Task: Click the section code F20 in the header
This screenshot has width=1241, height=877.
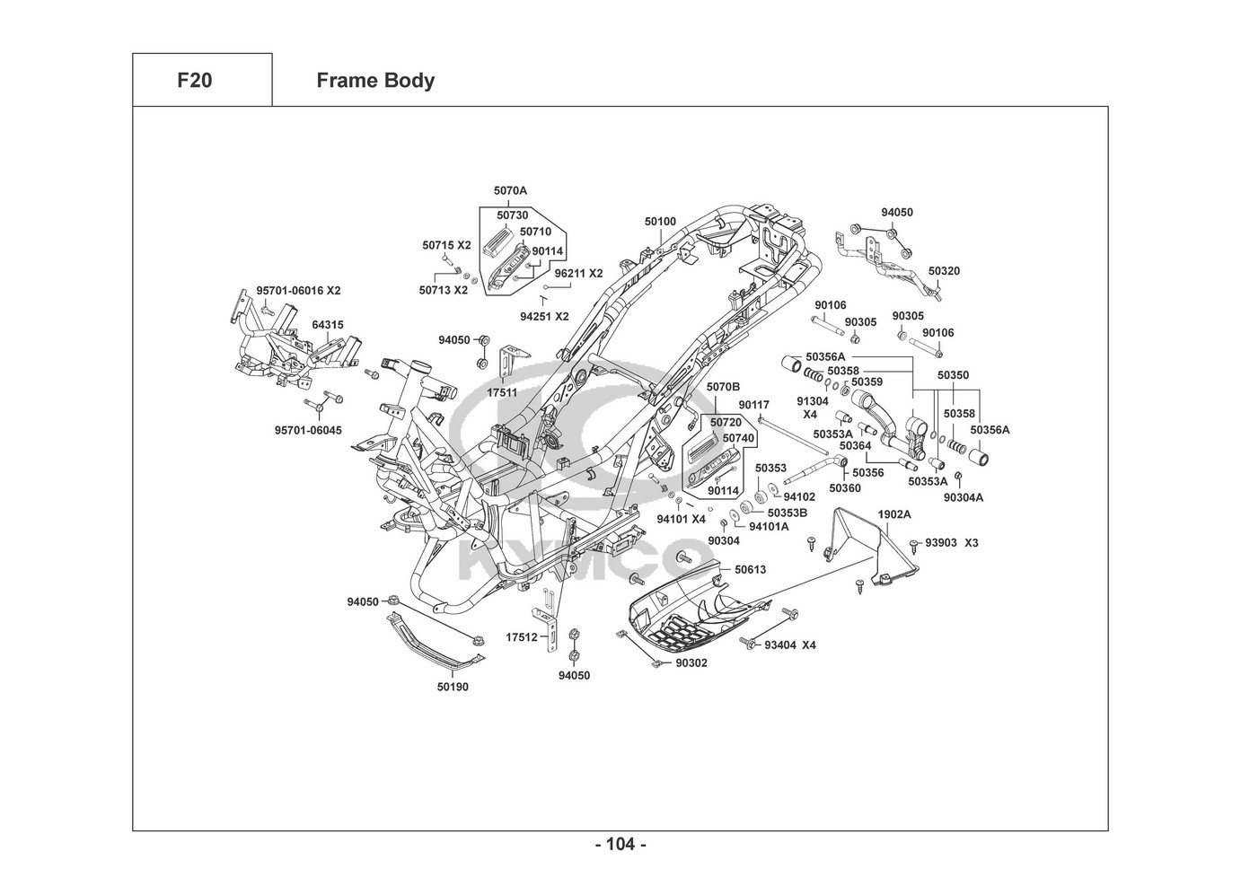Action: coord(195,81)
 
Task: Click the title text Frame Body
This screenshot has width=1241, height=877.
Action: coord(375,81)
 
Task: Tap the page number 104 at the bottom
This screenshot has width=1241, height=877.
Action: coord(620,844)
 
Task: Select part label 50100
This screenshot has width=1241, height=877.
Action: coord(659,221)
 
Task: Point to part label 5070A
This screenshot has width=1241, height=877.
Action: coord(510,191)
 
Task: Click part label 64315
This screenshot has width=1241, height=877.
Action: coord(327,325)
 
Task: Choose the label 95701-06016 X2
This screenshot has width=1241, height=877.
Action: coord(298,291)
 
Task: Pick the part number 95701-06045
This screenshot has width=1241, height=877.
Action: coord(308,431)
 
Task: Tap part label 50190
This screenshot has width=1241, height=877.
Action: coord(453,688)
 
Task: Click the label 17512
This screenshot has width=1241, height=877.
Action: coord(521,637)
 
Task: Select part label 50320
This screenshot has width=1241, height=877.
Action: coord(944,270)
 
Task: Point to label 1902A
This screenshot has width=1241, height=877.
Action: coord(893,514)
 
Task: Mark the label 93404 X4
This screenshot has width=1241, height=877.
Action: coord(789,645)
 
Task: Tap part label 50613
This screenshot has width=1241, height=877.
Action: coord(750,570)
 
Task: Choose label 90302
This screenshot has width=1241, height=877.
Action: coord(691,663)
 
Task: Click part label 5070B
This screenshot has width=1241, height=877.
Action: coord(723,387)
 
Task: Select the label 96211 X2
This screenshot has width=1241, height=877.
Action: coord(578,274)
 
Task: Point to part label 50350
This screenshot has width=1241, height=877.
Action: coord(953,375)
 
